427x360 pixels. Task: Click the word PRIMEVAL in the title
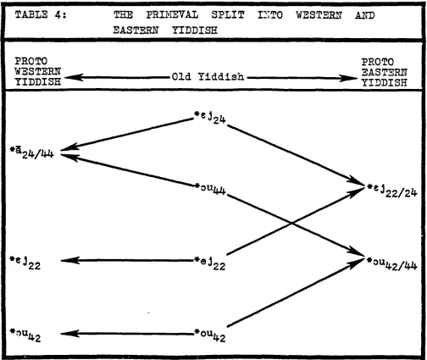point(172,14)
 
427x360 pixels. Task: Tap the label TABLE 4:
point(41,14)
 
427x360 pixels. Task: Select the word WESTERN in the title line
point(319,15)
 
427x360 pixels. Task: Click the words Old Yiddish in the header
point(208,76)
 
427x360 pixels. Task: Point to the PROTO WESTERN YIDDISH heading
point(38,71)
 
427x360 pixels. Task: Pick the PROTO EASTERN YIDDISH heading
point(385,72)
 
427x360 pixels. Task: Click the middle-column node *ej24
point(210,118)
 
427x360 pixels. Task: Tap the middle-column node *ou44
point(210,189)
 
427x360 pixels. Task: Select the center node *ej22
point(210,263)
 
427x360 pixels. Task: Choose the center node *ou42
point(210,335)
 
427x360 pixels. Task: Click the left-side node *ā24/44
point(31,152)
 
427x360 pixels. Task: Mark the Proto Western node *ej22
point(25,263)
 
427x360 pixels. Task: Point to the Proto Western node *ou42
point(25,335)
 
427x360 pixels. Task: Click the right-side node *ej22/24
point(391,191)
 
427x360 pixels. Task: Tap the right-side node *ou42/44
point(391,263)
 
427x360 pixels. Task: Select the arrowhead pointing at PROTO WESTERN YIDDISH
point(74,77)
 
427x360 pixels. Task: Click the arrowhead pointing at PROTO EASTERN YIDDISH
point(348,78)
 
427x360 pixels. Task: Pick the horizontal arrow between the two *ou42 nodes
point(127,334)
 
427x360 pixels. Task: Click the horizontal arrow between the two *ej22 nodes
point(127,260)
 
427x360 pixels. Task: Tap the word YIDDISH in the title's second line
point(195,30)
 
